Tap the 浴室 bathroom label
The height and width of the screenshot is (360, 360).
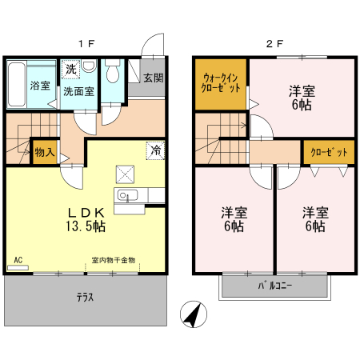coord(40,86)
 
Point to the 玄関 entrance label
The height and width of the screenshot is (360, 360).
coord(154,78)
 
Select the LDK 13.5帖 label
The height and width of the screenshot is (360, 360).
coord(86,218)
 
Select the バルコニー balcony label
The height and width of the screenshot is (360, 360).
coord(274,285)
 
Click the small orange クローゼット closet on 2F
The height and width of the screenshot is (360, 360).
coord(326,151)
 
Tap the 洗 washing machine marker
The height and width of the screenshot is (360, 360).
coord(70,70)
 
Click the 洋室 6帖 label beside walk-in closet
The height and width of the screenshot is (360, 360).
coord(302,98)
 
